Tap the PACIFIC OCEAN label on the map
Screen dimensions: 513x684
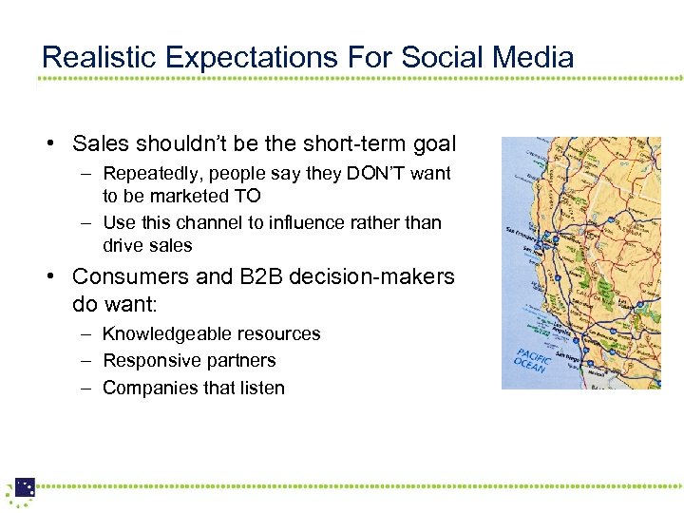pos(531,357)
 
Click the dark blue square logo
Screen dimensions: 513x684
pos(25,486)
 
